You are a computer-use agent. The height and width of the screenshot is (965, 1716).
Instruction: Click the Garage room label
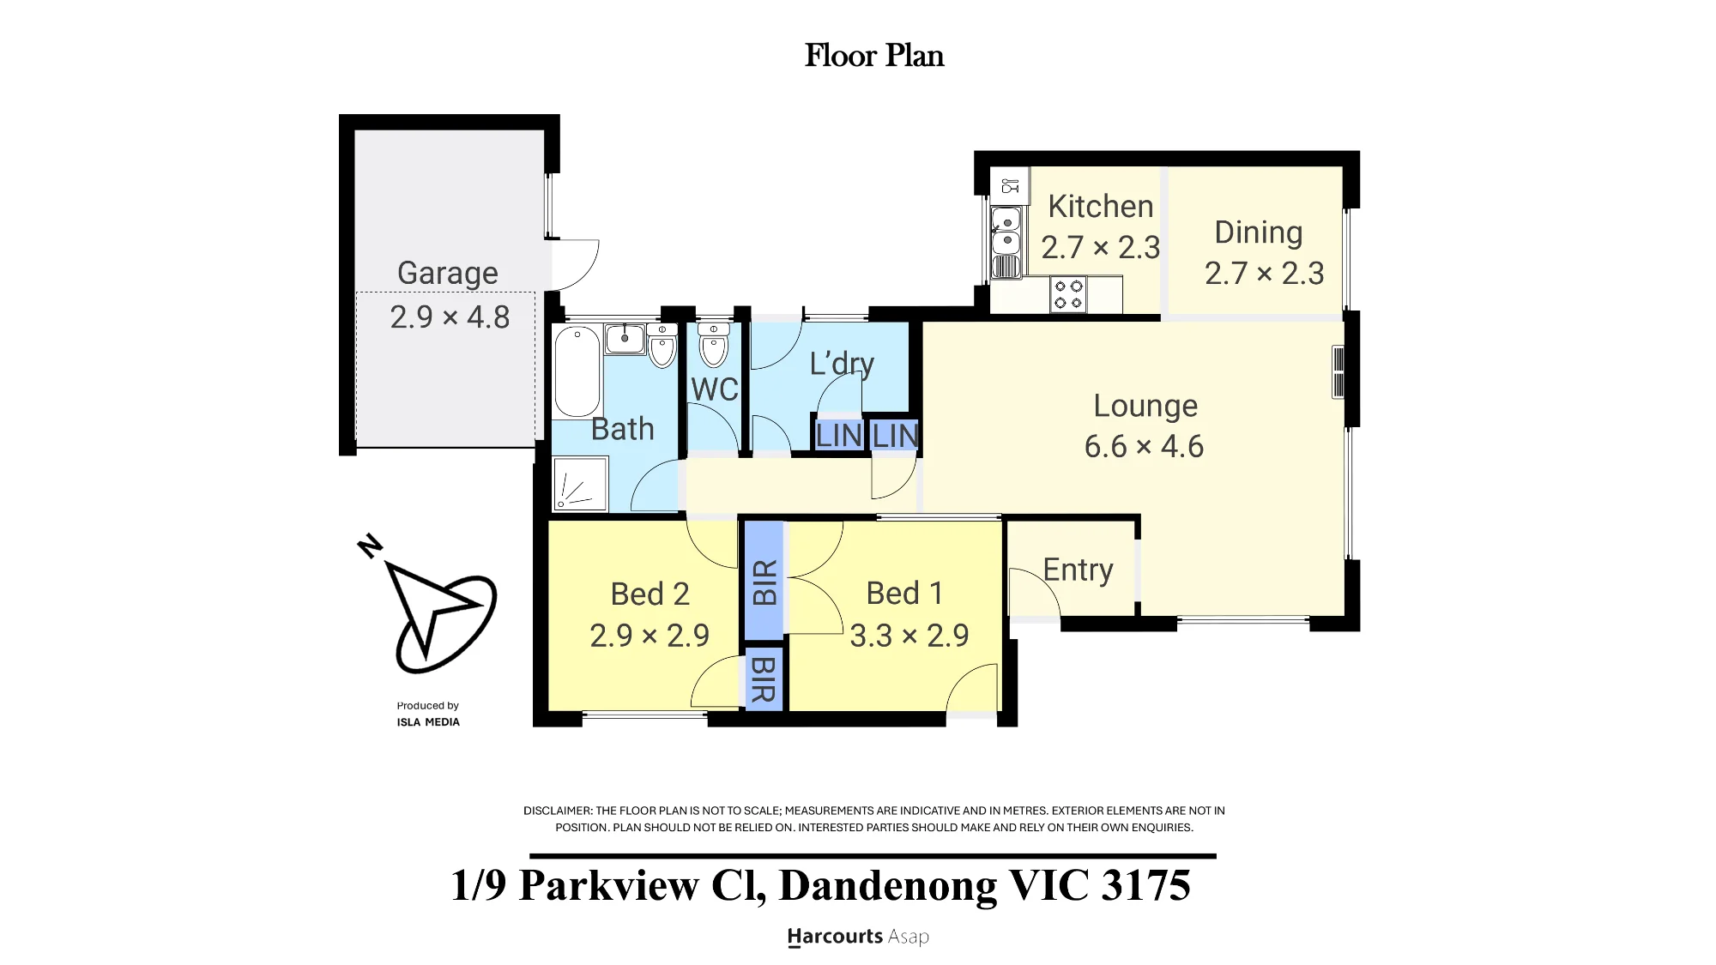pyautogui.click(x=447, y=273)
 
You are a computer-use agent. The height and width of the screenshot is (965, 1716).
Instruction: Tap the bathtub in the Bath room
pyautogui.click(x=577, y=371)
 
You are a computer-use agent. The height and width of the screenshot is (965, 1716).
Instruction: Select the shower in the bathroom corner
pyautogui.click(x=580, y=485)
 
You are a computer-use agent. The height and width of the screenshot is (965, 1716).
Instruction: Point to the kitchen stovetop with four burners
pyautogui.click(x=1068, y=294)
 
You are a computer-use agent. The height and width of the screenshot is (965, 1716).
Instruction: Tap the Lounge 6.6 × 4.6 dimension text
pyautogui.click(x=1144, y=447)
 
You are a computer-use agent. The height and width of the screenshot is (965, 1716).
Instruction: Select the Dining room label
pyautogui.click(x=1259, y=232)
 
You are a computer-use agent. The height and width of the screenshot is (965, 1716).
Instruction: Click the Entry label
pyautogui.click(x=1078, y=570)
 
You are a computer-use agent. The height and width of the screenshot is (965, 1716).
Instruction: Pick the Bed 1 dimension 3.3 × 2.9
pyautogui.click(x=909, y=636)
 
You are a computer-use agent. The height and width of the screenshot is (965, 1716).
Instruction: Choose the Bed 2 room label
pyautogui.click(x=650, y=594)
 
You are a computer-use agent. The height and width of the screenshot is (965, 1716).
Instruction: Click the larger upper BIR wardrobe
pyautogui.click(x=764, y=581)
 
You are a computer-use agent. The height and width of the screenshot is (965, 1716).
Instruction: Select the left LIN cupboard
pyautogui.click(x=838, y=436)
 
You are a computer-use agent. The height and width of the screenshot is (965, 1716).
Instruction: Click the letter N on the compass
pyautogui.click(x=370, y=546)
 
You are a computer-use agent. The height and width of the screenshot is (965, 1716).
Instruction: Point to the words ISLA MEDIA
pyautogui.click(x=428, y=722)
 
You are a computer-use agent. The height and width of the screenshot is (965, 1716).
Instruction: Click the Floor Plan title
pyautogui.click(x=874, y=56)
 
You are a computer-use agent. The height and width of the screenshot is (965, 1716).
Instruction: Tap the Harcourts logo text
pyautogui.click(x=835, y=937)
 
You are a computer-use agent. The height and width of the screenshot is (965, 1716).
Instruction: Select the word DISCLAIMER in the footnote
pyautogui.click(x=558, y=811)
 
